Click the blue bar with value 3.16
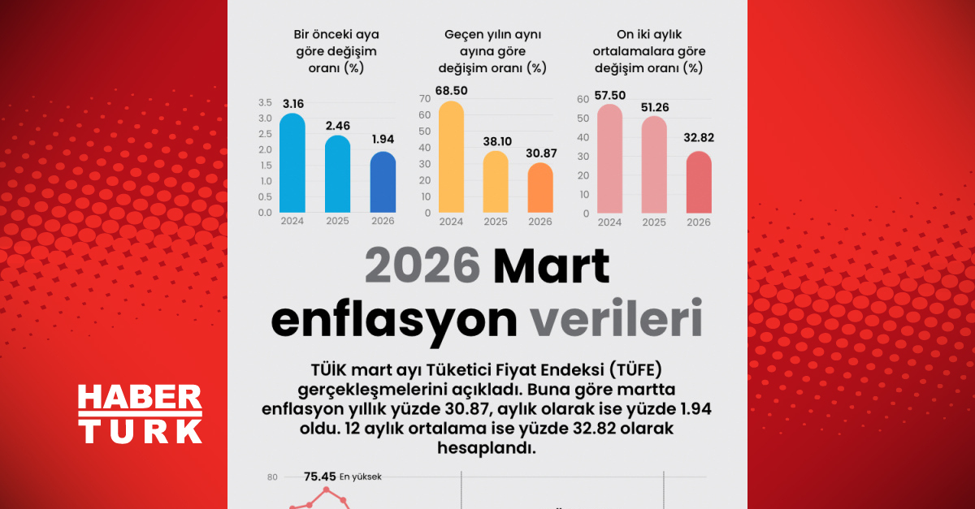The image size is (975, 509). coord(292,162)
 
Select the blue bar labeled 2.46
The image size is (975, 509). coord(337,174)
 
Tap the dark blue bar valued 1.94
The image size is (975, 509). coord(383,182)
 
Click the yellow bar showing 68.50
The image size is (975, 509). coord(451,157)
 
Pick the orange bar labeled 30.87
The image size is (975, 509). coord(540,188)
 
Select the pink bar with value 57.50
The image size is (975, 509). coord(609,159)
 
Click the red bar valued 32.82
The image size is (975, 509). coord(699,183)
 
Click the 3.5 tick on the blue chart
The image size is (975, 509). coord(265,103)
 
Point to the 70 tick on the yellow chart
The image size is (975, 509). coord(424,99)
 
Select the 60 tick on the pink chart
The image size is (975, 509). coord(582,99)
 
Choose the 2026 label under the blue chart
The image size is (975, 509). coord(383,221)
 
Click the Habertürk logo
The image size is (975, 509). coord(140,414)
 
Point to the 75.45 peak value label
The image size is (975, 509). coord(319,477)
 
